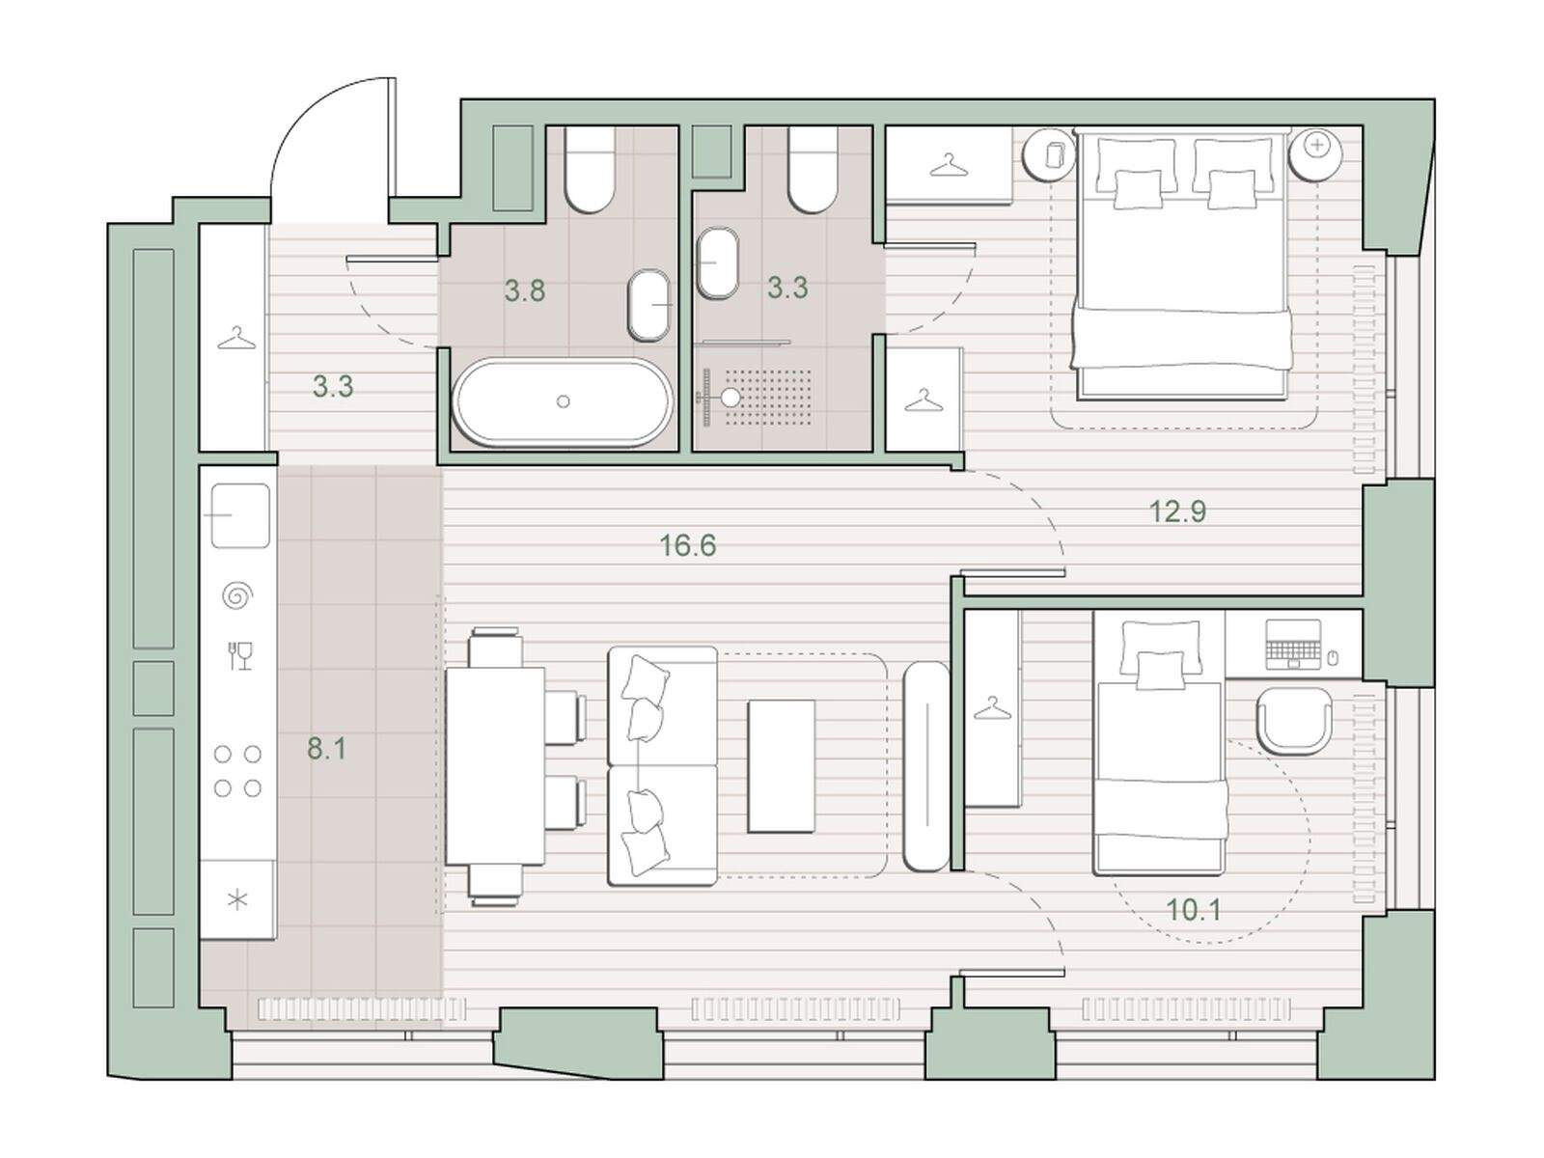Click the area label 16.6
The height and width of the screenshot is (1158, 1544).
687,545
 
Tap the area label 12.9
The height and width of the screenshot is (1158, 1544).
1177,511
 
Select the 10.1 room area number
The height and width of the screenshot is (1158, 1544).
1194,910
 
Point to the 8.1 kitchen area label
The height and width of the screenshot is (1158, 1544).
326,750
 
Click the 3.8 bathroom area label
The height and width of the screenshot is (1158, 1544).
525,289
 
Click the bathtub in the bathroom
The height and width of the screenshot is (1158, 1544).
562,402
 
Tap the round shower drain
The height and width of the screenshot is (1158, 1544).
731,398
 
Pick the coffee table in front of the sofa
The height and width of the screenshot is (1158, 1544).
781,766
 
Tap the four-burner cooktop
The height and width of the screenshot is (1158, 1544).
237,771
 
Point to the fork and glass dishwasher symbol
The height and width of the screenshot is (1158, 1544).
240,655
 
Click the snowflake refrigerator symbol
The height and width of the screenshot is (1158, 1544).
237,899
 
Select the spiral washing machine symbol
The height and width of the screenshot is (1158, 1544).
237,596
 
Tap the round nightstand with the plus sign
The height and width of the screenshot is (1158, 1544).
1314,154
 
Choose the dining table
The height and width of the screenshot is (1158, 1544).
496,766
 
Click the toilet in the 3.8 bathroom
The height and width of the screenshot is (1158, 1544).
590,170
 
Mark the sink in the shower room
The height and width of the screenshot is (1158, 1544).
718,262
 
